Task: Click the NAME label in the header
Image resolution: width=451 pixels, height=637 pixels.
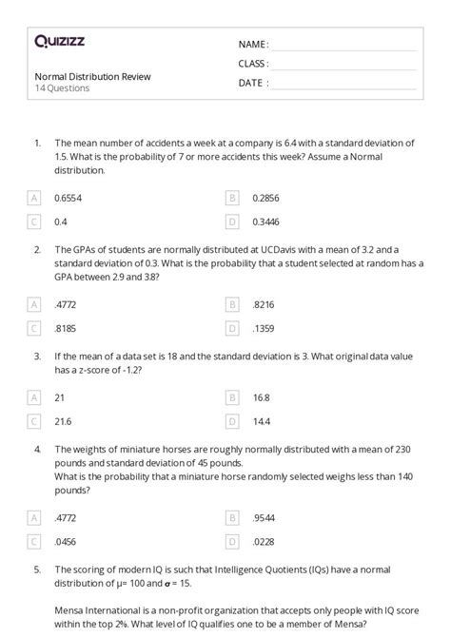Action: click(253, 45)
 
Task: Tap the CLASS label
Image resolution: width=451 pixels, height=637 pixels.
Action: click(253, 64)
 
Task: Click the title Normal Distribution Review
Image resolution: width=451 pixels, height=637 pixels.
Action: click(92, 76)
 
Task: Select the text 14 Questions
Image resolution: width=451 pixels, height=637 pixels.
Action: click(63, 88)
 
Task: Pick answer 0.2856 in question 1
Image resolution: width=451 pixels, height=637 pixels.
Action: click(266, 198)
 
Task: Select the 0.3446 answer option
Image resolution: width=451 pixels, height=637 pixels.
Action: click(266, 222)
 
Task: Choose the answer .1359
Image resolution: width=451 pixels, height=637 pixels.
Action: click(264, 328)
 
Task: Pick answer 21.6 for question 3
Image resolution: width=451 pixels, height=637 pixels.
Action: click(64, 421)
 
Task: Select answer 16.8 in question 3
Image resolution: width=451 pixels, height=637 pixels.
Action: click(262, 397)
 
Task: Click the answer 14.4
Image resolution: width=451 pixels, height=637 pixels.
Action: click(262, 421)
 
